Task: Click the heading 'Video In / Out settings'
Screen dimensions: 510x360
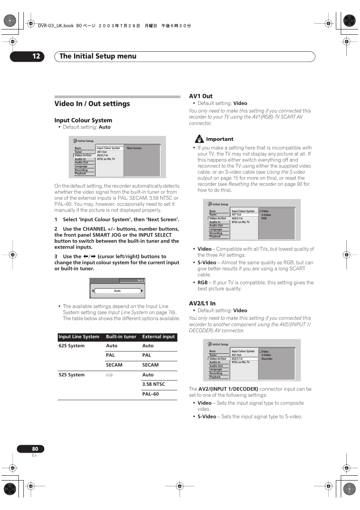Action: [x=92, y=104]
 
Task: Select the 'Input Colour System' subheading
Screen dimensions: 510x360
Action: [x=83, y=120]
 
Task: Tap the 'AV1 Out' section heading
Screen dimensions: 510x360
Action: [x=200, y=96]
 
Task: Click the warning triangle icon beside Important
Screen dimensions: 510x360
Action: [x=199, y=139]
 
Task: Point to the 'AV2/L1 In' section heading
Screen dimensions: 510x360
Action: [x=202, y=304]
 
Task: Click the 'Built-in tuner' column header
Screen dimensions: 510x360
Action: [x=121, y=337]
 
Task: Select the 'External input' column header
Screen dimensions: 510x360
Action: [x=158, y=337]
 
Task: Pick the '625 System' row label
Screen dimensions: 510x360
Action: [x=72, y=346]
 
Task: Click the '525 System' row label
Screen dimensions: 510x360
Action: [x=72, y=375]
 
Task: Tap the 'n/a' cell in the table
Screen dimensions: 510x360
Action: [x=109, y=375]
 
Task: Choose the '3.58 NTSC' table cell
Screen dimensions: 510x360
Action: [x=154, y=384]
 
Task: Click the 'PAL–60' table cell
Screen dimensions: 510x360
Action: [x=150, y=394]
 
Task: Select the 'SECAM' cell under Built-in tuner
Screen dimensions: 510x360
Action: [x=114, y=365]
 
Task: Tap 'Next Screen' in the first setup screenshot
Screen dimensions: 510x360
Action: [x=134, y=148]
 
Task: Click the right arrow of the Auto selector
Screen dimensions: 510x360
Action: [x=142, y=291]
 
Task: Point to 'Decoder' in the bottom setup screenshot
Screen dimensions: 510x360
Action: [x=267, y=359]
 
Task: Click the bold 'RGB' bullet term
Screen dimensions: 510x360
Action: [x=203, y=283]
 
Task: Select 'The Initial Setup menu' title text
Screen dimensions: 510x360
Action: [x=98, y=56]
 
